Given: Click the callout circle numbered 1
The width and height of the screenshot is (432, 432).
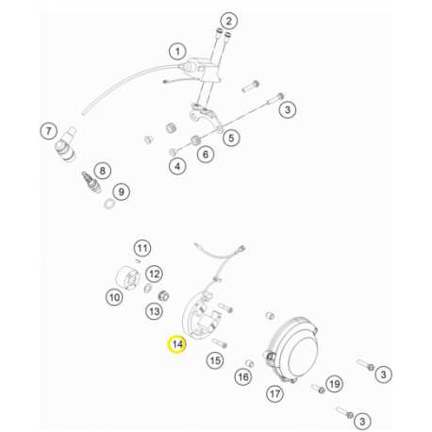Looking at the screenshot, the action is point(177,52).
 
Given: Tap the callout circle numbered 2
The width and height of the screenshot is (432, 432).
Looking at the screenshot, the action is point(228,21).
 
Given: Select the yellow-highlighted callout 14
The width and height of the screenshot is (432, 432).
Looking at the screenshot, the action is point(177,344).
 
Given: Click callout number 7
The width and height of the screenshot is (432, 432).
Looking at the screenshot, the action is point(48,131).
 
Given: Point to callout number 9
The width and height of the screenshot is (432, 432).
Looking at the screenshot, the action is point(121,191).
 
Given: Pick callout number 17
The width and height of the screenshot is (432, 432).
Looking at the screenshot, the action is point(274,393).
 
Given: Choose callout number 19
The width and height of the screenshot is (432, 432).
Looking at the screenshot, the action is point(334,384).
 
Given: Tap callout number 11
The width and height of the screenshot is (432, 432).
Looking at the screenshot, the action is point(142,248).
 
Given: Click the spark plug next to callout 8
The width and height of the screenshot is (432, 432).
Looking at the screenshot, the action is point(91,182).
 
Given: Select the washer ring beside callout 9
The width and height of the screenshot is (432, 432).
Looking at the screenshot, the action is point(108,204).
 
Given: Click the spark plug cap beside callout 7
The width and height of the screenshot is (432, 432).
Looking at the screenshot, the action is point(66,145).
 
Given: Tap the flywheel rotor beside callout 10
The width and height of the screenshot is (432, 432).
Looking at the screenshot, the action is point(127,277).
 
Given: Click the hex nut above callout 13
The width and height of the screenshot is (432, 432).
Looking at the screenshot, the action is point(163,295).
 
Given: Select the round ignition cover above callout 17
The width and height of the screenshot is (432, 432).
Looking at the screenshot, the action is point(291,348).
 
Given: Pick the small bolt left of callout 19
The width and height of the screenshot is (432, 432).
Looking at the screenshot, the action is point(318,389).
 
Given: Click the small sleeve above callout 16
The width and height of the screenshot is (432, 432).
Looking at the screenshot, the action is point(249,363).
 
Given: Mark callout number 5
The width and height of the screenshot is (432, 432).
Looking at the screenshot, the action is point(231,138).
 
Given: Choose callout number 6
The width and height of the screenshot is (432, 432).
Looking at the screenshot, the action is point(206,154).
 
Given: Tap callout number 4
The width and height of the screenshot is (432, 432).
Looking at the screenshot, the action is point(177,166).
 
